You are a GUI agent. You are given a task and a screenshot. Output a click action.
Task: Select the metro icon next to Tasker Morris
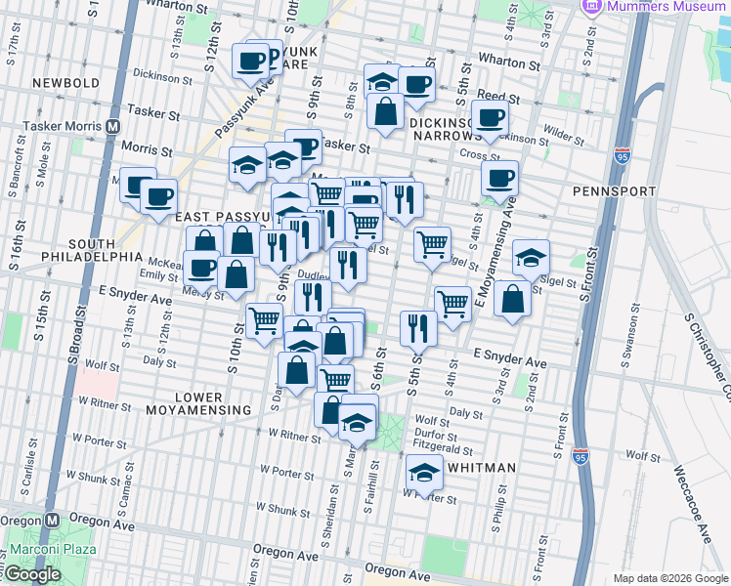pyautogui.click(x=113, y=126)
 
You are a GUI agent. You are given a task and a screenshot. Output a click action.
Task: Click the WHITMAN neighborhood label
pyautogui.click(x=480, y=468)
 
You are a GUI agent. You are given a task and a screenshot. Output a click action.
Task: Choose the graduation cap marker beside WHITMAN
pyautogui.click(x=424, y=473)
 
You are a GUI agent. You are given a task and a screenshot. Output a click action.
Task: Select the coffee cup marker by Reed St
pyautogui.click(x=489, y=117)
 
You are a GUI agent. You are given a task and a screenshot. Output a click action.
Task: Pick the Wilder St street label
pyautogui.click(x=564, y=130)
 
